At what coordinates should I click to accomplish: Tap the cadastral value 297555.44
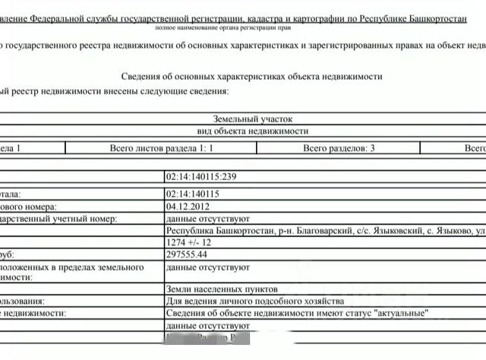click(187, 254)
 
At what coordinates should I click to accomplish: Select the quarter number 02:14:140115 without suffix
click(193, 193)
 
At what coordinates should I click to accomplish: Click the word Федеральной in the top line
click(74, 16)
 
